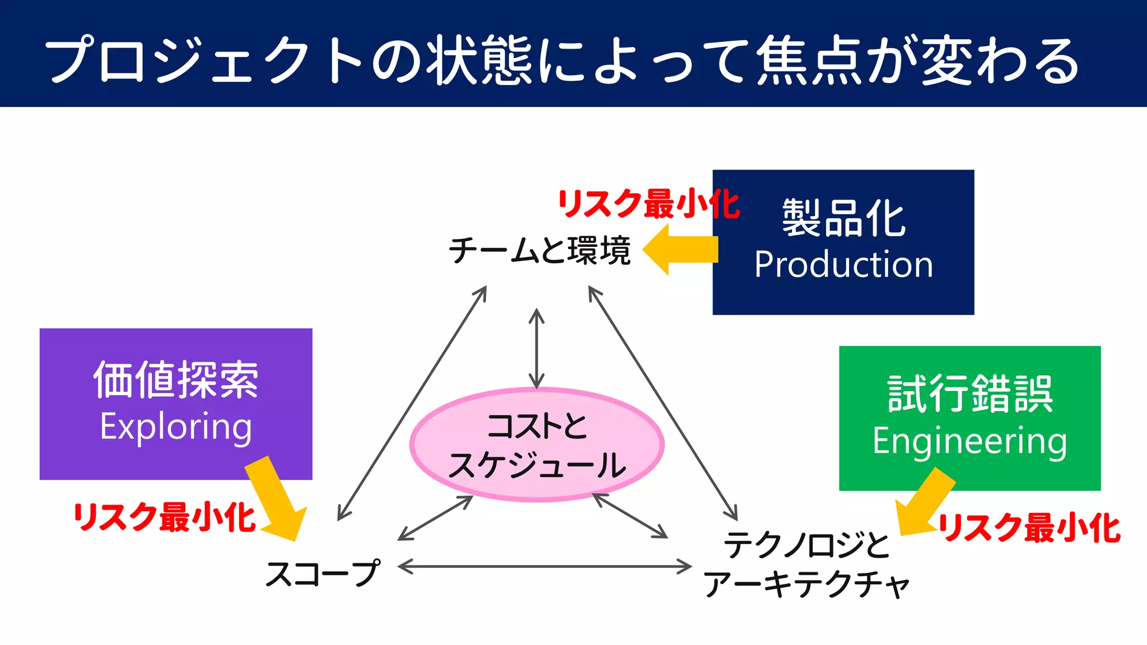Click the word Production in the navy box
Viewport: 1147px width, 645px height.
(843, 264)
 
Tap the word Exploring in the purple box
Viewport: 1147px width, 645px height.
(176, 427)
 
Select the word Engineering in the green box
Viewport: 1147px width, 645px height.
(969, 441)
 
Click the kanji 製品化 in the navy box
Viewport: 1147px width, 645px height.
(843, 218)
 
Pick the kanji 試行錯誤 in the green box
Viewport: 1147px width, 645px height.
(969, 394)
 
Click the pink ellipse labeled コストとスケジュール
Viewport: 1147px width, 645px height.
(537, 445)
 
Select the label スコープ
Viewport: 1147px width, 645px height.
(323, 573)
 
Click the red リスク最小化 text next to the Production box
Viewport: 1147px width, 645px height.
(649, 204)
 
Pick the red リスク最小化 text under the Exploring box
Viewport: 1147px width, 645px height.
(164, 517)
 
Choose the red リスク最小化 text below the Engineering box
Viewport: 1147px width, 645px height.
(1029, 528)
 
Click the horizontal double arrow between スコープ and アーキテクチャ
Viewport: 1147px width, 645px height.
(544, 567)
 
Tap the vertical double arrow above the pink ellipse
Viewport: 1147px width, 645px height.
(537, 348)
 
